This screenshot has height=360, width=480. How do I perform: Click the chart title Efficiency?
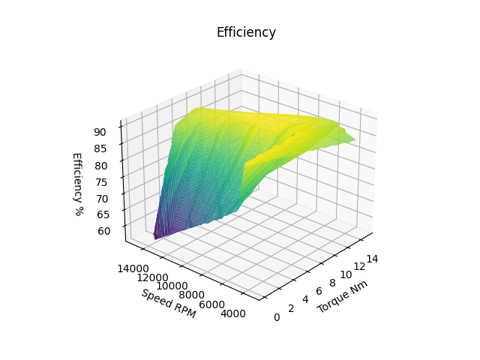tap(246, 32)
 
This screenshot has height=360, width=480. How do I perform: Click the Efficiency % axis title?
tap(76, 184)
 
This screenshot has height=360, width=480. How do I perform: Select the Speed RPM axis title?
tap(168, 303)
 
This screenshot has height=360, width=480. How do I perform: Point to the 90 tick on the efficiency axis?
tap(101, 132)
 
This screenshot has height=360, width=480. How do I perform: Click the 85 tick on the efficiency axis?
tap(101, 148)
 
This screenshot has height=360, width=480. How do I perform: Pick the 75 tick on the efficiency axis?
tap(101, 181)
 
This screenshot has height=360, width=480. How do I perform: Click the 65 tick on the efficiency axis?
tap(102, 214)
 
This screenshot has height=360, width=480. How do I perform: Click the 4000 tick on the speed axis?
tap(233, 313)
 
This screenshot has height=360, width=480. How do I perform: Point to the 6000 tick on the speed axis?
tap(213, 304)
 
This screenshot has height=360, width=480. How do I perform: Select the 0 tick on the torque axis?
tap(277, 317)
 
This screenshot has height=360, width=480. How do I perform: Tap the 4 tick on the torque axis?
tap(305, 300)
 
